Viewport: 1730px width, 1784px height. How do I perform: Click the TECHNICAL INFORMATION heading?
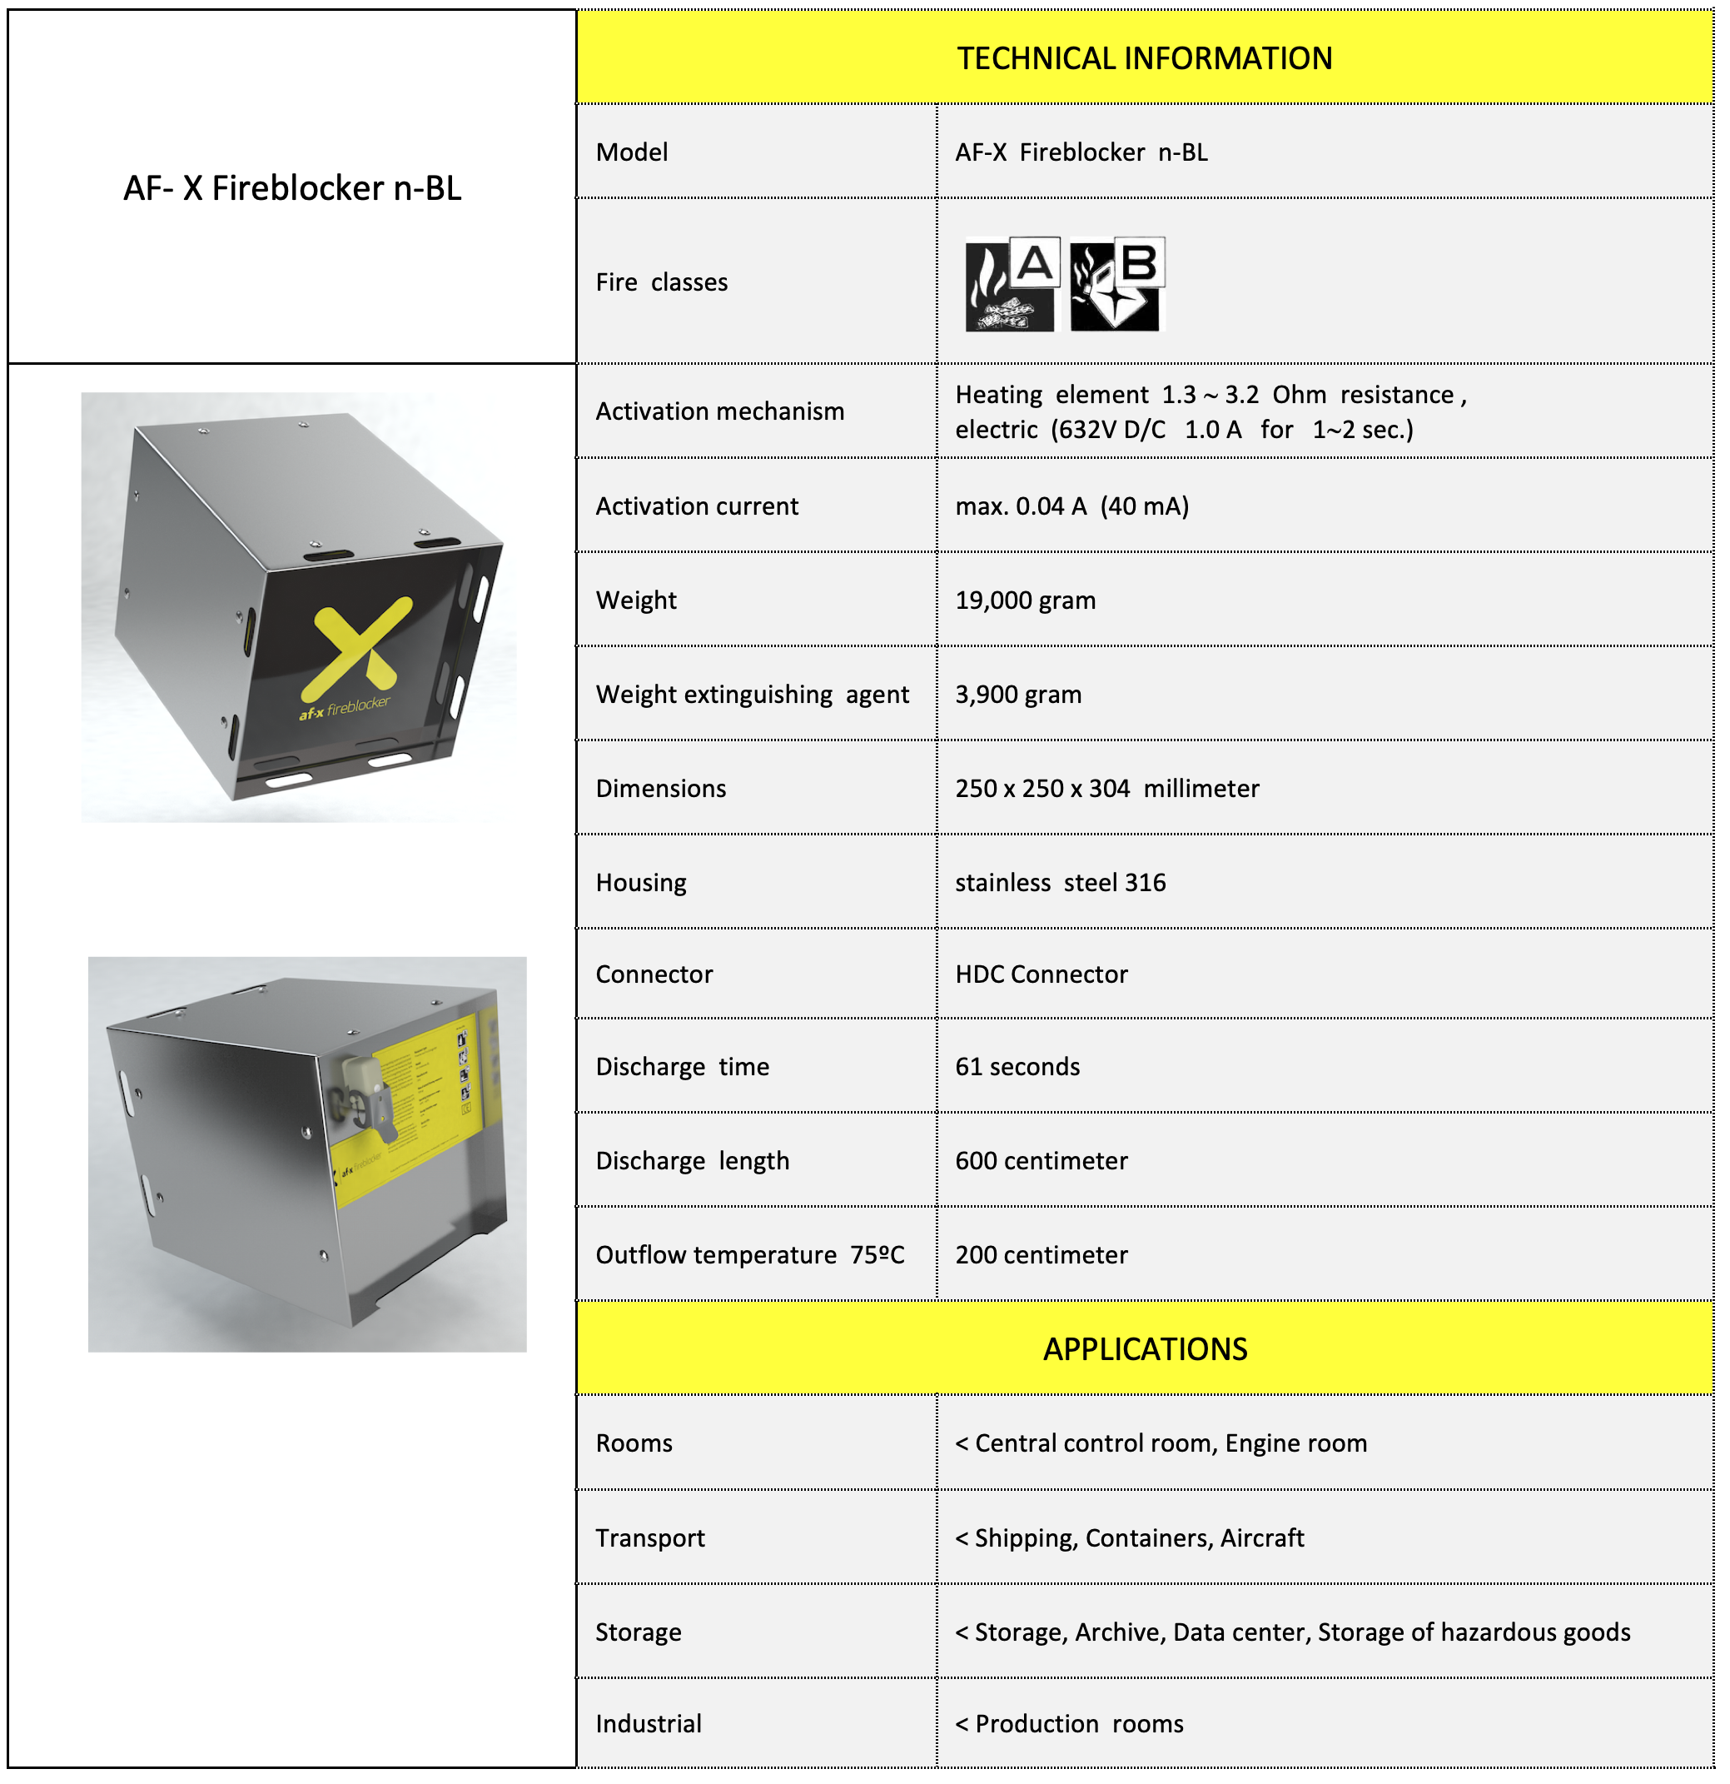1144,58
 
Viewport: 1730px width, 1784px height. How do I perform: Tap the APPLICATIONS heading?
1144,1349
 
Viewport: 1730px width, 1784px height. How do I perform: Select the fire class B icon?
1116,284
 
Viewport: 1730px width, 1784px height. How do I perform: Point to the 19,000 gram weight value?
1025,600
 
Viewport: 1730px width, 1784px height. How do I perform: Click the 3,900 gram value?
1017,695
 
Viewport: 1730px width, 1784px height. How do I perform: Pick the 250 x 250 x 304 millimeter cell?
1106,788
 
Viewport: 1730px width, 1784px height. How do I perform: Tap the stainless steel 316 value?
1060,883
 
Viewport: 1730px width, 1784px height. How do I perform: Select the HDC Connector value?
1041,974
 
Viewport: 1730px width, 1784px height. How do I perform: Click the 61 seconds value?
1017,1067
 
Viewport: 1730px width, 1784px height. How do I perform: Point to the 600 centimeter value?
1041,1161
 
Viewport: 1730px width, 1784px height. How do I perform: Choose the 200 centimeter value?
1041,1255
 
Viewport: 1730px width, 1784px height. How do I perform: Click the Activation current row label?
696,507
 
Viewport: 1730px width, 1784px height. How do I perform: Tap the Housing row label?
641,883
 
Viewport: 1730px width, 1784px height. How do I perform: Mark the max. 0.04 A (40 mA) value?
1071,507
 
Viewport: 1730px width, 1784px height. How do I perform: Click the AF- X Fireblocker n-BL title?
292,188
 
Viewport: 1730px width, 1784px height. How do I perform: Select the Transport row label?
649,1538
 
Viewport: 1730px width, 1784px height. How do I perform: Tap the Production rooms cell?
1069,1724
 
